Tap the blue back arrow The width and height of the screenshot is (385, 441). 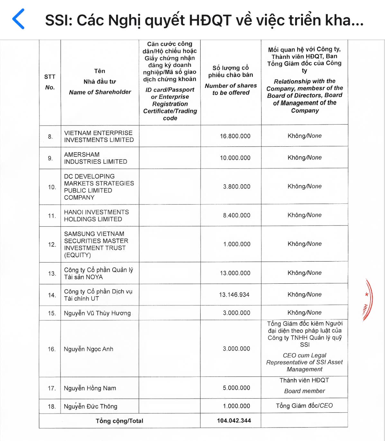18,19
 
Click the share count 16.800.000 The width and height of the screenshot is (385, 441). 235,136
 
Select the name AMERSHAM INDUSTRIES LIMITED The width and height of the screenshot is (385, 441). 96,158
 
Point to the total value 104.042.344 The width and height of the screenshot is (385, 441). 234,420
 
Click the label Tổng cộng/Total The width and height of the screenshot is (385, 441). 119,421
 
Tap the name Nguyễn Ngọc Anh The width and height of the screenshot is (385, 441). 88,349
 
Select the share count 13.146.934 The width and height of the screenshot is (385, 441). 234,295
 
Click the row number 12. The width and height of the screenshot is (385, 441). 52,244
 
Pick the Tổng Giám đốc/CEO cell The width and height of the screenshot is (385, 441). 304,406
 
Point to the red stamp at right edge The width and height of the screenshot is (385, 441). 367,300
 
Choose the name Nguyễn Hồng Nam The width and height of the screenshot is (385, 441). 90,388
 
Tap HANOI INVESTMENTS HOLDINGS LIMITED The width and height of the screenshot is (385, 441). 96,216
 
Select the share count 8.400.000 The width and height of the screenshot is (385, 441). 236,215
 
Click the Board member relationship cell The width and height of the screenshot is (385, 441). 304,386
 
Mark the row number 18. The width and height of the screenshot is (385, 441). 52,406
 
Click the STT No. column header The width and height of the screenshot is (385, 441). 50,82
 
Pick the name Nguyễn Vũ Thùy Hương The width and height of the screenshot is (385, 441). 97,313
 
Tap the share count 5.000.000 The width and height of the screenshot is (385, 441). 236,388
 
